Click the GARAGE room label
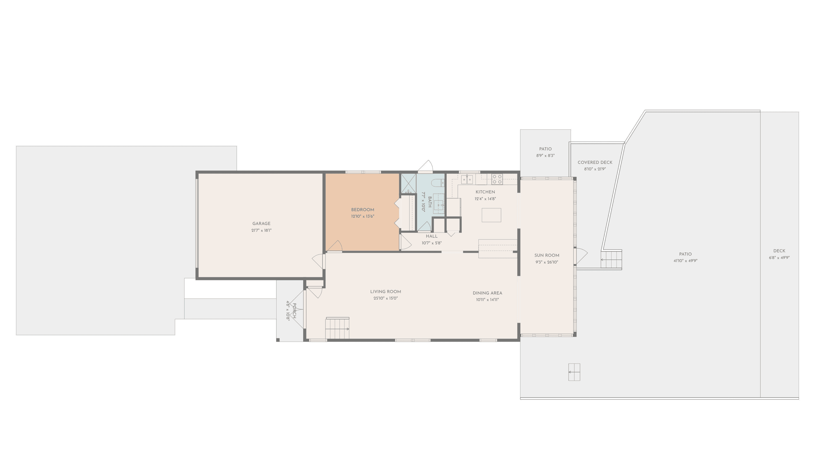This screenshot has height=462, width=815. coord(261,223)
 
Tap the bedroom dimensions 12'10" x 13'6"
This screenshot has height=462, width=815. coord(362,216)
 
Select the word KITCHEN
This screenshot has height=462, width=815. coord(485,192)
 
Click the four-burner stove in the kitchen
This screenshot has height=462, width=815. coord(497,179)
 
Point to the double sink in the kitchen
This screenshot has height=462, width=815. coord(467,179)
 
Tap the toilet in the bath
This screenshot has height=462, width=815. coord(440,183)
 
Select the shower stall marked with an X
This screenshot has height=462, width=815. coord(409,183)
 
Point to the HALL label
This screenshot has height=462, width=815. coord(432,236)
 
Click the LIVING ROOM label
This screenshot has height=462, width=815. coord(385,292)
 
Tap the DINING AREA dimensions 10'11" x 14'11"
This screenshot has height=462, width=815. coord(487,299)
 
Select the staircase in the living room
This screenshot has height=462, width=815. coord(337,328)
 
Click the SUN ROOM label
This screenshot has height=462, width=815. coord(547,255)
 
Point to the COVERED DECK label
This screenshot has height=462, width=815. coord(595,163)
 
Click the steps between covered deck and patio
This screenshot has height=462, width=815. coord(612,260)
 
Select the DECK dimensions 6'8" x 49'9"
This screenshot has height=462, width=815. coord(779,258)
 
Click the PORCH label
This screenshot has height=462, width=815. coord(294,311)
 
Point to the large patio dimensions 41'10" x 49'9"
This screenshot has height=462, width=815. coord(685,261)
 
